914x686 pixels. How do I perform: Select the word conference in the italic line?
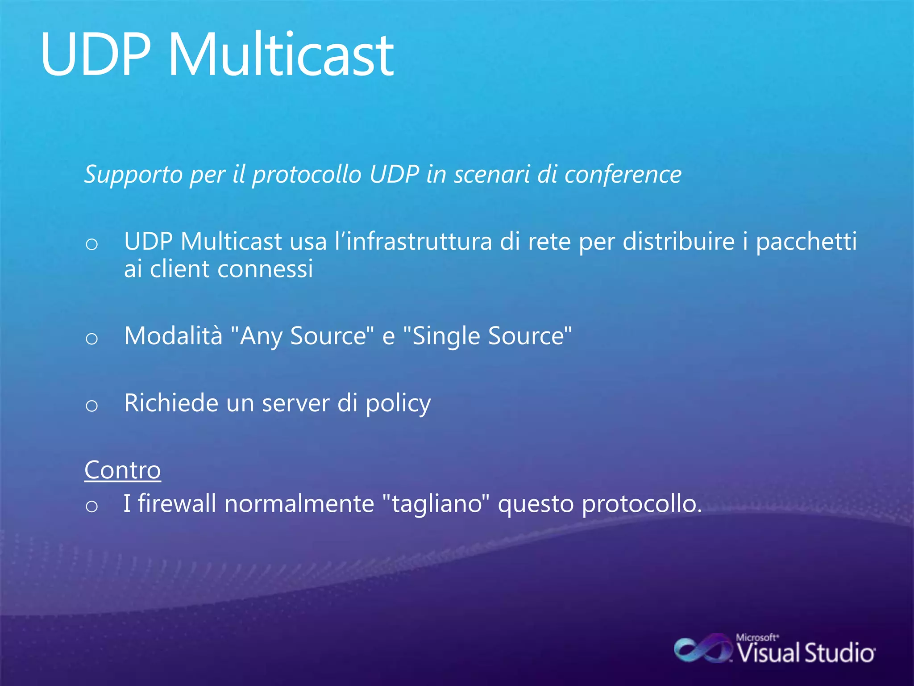[x=623, y=175]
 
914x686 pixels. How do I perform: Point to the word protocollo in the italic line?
[x=307, y=175]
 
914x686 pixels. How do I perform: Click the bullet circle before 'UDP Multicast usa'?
[x=91, y=244]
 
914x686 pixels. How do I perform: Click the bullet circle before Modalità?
[x=91, y=339]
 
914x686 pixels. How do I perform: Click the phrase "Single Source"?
[x=487, y=336]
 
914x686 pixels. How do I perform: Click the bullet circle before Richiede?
[x=91, y=406]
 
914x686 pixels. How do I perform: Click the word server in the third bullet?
[x=295, y=403]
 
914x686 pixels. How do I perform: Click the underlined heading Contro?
[x=122, y=470]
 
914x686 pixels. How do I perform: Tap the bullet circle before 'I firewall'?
[x=91, y=506]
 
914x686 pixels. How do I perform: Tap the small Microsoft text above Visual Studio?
[x=757, y=637]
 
